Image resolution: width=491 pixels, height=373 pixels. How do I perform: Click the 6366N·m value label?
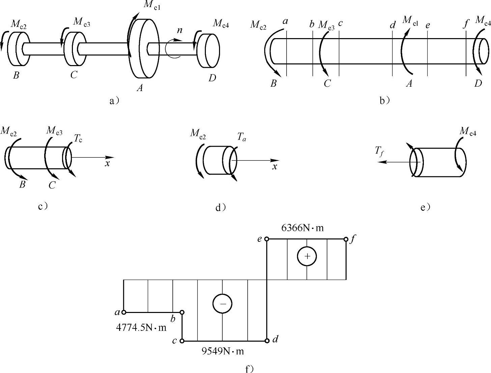coord(302,228)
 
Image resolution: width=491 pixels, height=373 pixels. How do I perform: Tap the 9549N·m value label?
coord(222,351)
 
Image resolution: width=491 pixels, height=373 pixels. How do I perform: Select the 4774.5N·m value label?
coord(141,327)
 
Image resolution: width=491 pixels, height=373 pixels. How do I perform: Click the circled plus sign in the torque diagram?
coord(307,256)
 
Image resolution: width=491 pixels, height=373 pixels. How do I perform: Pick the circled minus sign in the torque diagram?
coord(222,304)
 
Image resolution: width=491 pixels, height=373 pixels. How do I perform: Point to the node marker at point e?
coord(267,239)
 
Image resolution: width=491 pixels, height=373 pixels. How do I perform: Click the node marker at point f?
coord(346,239)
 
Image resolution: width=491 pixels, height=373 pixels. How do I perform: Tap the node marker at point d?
coord(267,341)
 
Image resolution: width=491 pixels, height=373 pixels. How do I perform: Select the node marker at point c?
coord(182,341)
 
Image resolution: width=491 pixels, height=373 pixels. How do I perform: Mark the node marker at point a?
coord(124,312)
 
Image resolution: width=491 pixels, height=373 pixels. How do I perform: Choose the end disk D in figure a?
coord(209,51)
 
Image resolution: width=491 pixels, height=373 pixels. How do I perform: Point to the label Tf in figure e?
coord(379,151)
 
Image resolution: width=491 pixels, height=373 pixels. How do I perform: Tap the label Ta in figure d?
coord(241,137)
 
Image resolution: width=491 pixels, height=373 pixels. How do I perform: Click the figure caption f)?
coord(249,369)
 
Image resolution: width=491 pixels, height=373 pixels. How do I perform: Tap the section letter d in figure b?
coord(393,25)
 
